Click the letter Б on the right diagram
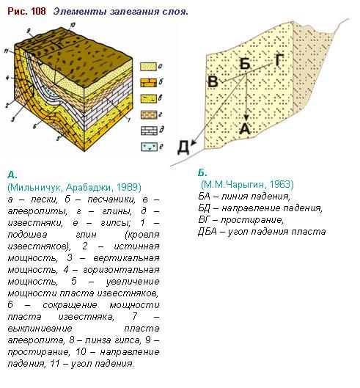(245, 64)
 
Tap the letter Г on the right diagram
(279, 60)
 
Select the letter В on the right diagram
(213, 81)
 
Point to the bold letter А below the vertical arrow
(245, 128)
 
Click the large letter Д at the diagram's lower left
(183, 147)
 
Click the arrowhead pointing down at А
(246, 117)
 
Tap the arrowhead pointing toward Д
(194, 142)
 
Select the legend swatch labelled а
(148, 67)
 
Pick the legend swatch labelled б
(148, 82)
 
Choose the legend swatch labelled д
(149, 131)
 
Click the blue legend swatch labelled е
(149, 147)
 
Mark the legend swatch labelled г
(149, 115)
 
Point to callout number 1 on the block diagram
(128, 120)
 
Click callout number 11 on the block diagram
(7, 51)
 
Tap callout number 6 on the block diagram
(35, 126)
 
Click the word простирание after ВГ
(251, 220)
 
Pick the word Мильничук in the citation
(37, 187)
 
